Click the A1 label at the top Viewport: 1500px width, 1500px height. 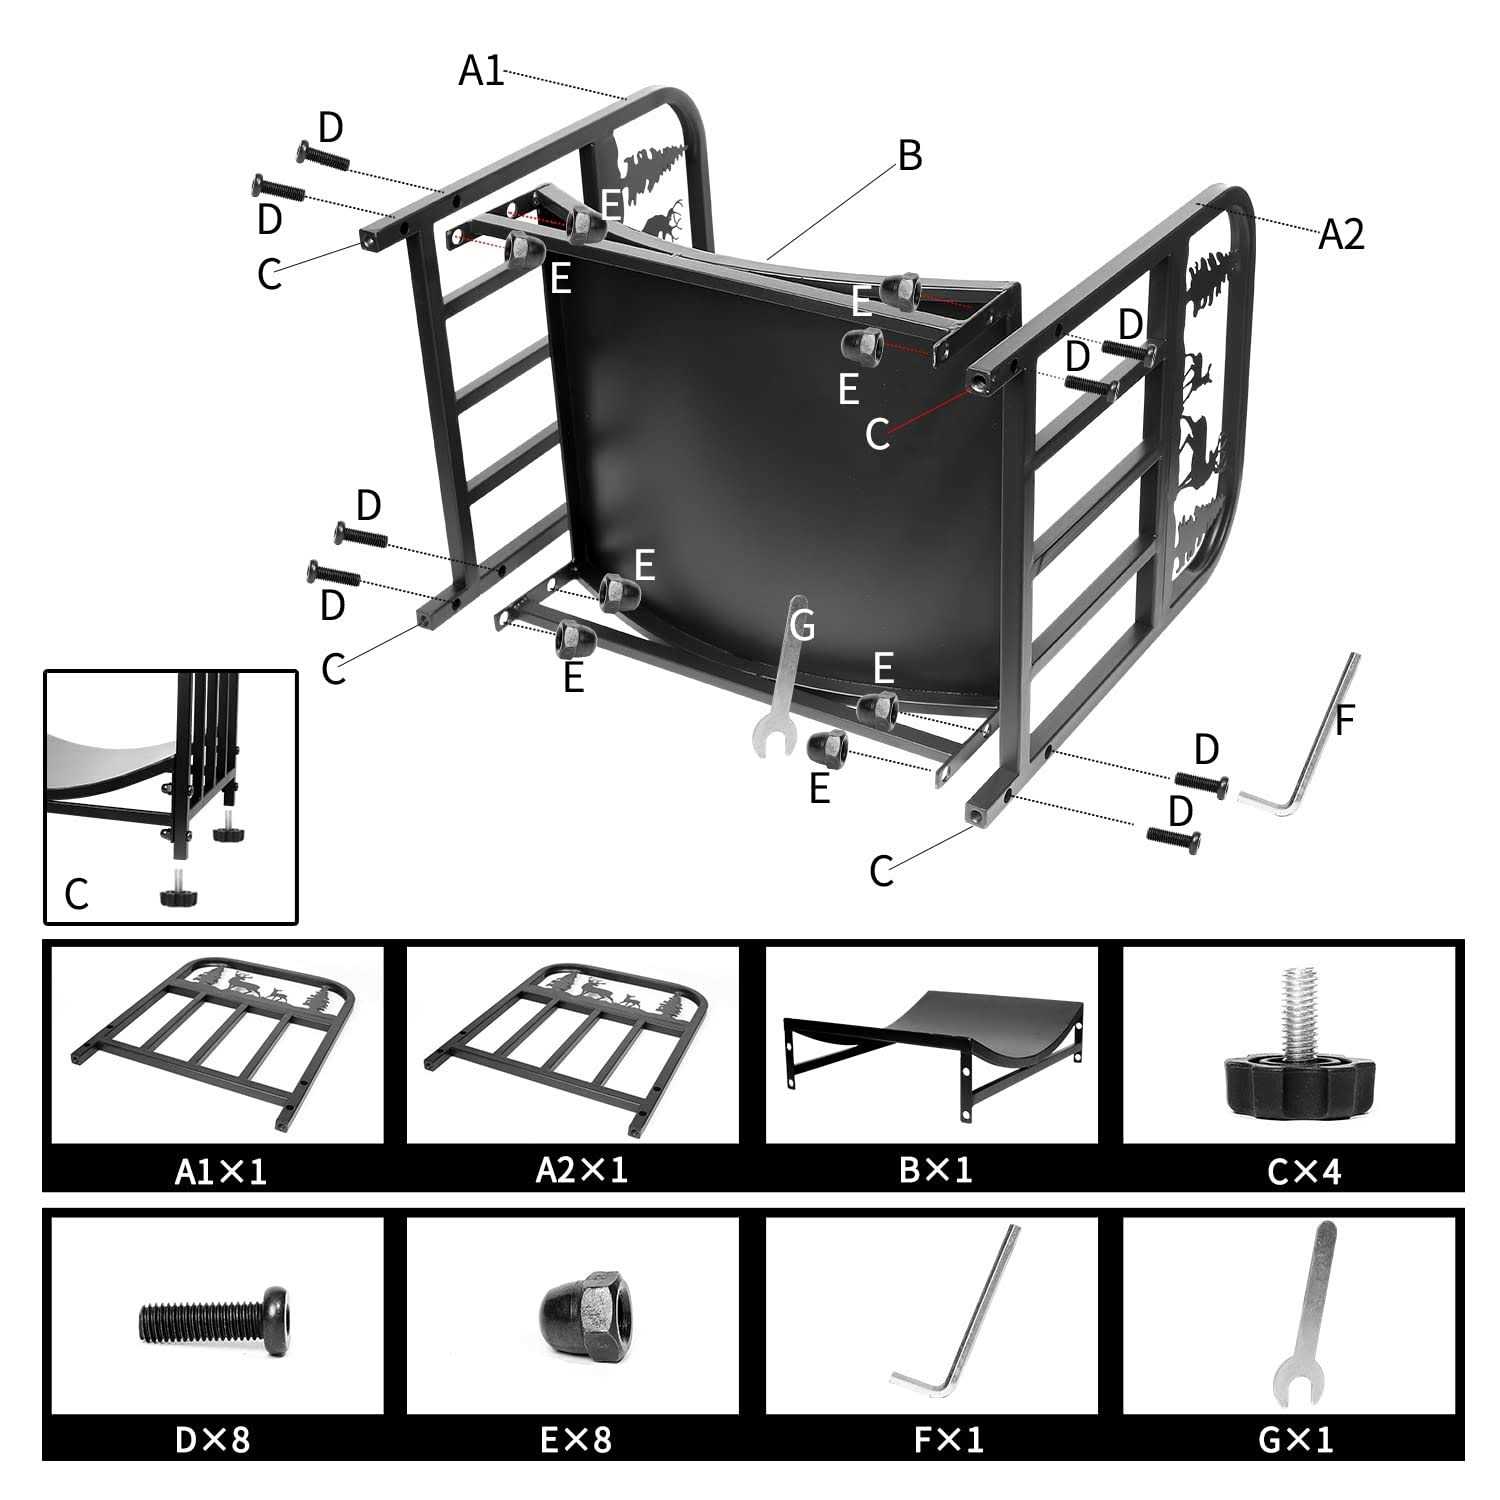pyautogui.click(x=481, y=70)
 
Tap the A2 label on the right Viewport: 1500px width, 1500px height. pyautogui.click(x=1340, y=234)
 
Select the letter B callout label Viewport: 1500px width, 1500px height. pyautogui.click(x=909, y=156)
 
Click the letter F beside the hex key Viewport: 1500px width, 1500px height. pyautogui.click(x=1344, y=721)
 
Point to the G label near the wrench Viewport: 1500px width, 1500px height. pyautogui.click(x=802, y=626)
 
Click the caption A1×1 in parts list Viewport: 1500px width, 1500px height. pyautogui.click(x=220, y=1170)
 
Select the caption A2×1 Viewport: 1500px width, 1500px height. pyautogui.click(x=581, y=1169)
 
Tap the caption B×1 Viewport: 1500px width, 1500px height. pyautogui.click(x=935, y=1169)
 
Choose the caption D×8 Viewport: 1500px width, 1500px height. pyautogui.click(x=212, y=1439)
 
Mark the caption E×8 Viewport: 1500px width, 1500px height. pyautogui.click(x=575, y=1439)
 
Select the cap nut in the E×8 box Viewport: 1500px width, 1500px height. pyautogui.click(x=582, y=1311)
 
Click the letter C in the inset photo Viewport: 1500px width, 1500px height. pyautogui.click(x=76, y=893)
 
